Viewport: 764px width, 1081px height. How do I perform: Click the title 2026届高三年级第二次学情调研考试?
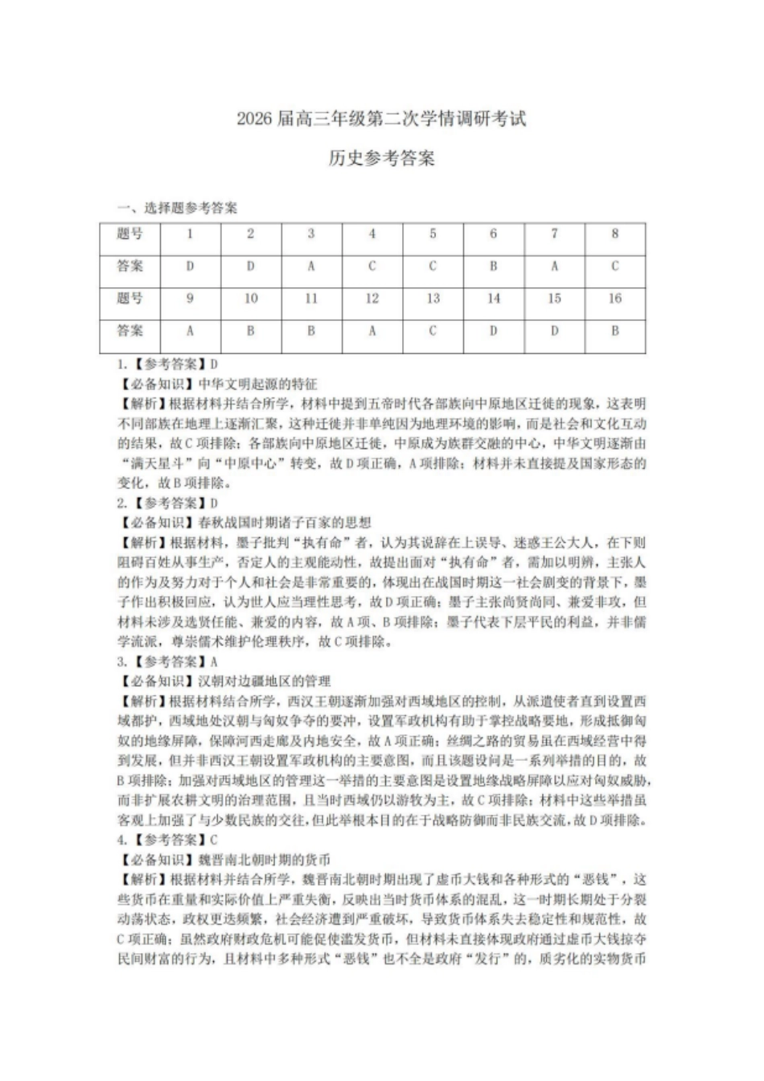pos(381,119)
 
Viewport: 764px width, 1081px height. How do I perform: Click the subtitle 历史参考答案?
pos(381,158)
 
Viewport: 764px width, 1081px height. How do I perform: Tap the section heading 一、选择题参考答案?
pos(178,208)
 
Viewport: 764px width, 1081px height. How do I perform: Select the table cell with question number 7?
pos(554,234)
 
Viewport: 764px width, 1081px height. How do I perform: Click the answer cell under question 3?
pos(311,266)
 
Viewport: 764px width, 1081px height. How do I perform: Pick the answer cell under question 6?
pos(493,266)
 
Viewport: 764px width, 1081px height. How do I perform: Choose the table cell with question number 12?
pos(372,298)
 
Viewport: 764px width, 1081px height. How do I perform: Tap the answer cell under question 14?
pos(493,331)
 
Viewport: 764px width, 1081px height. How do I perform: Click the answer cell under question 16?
pos(615,331)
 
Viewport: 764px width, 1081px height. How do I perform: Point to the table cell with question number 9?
pos(190,298)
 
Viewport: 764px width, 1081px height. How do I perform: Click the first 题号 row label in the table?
pos(130,234)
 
